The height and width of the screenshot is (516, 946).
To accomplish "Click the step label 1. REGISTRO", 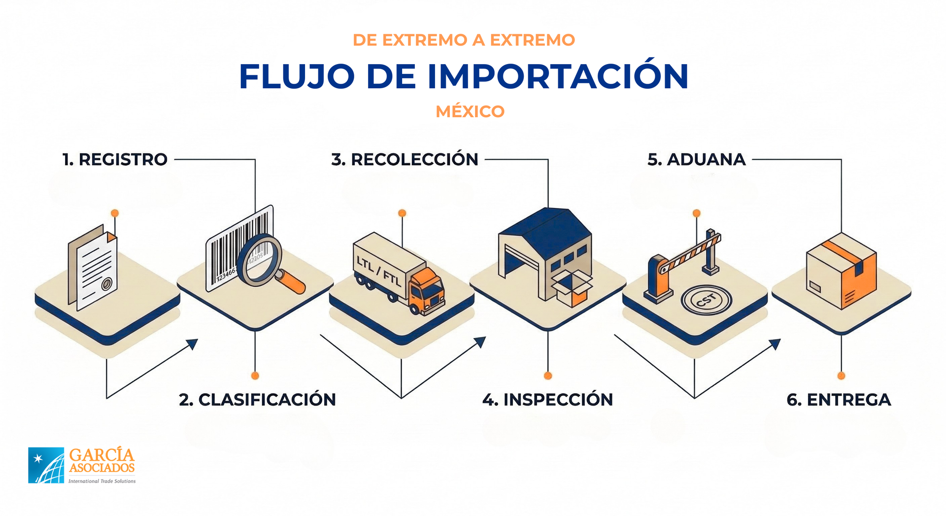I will point(115,160).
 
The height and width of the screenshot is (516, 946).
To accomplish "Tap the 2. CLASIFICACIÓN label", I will point(257,400).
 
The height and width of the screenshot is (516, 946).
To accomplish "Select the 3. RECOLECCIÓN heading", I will point(405,160).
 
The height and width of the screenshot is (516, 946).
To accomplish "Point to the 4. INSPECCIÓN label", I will point(547,400).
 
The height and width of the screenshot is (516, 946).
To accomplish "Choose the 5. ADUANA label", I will point(696,160).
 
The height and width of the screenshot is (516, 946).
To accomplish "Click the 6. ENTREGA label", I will point(839,400).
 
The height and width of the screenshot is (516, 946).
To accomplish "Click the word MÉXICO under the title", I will point(470,111).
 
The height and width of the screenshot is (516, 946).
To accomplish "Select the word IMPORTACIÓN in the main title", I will point(557,77).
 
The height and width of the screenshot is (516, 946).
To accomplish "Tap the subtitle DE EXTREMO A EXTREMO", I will point(464,40).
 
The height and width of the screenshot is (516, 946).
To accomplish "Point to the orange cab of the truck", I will point(427,291).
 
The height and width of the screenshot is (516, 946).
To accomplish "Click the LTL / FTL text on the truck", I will point(378,272).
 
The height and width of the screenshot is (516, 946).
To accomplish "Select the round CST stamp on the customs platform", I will point(706,299).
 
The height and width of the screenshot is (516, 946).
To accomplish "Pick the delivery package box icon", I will point(841,272).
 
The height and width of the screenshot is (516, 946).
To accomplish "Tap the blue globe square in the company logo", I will point(46,465).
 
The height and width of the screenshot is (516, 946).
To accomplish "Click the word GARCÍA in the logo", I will point(101,455).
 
